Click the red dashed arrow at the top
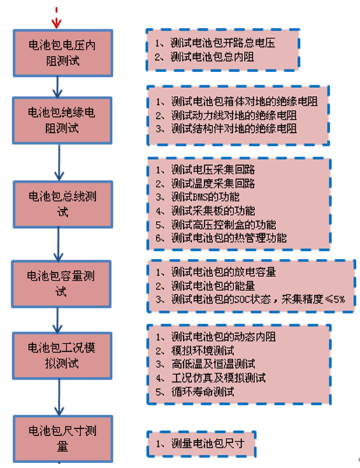click(x=57, y=18)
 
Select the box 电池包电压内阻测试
click(x=63, y=53)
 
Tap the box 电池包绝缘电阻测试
click(x=62, y=120)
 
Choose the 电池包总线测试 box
click(x=63, y=204)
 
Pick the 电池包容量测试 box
click(x=62, y=284)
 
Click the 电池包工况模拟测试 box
click(x=62, y=355)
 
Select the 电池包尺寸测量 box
click(x=63, y=439)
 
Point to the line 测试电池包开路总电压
click(x=215, y=43)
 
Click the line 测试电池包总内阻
click(x=204, y=57)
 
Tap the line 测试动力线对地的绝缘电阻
click(x=226, y=115)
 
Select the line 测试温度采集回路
click(x=206, y=183)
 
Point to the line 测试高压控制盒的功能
click(x=215, y=225)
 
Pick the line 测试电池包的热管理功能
click(x=221, y=238)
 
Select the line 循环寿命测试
click(x=195, y=391)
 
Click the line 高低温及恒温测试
click(x=206, y=364)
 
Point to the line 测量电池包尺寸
click(x=200, y=444)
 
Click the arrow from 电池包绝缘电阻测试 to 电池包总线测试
click(x=59, y=162)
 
